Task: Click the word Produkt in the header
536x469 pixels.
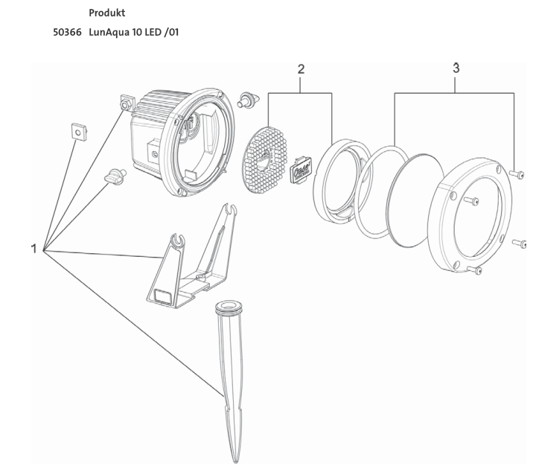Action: (107, 14)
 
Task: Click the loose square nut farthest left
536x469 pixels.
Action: (77, 131)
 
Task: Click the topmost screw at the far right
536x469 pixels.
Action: (517, 174)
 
